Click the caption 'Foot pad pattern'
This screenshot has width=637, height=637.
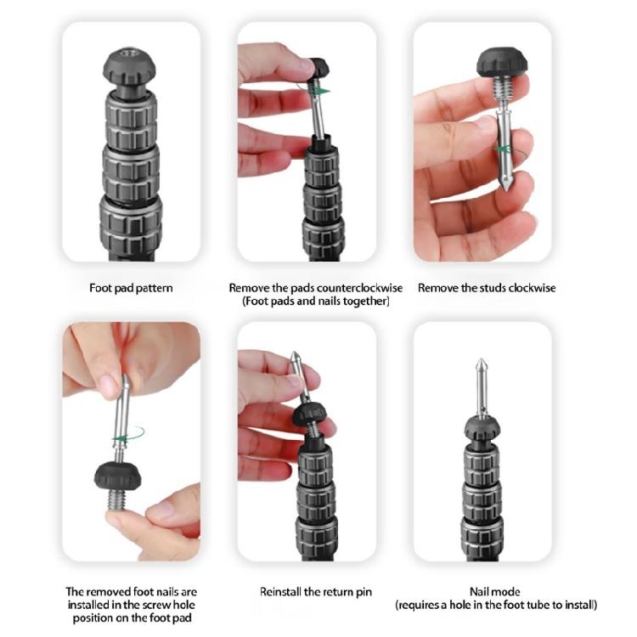131,288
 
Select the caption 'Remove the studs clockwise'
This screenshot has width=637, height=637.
487,288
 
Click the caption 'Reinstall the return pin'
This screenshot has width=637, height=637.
315,591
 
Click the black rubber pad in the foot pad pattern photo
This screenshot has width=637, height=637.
131,65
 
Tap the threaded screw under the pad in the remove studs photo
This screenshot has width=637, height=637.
504,86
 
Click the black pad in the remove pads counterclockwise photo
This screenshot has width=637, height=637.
319,67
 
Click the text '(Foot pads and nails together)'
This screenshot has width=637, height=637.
316,302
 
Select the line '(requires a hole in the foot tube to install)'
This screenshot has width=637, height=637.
496,606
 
